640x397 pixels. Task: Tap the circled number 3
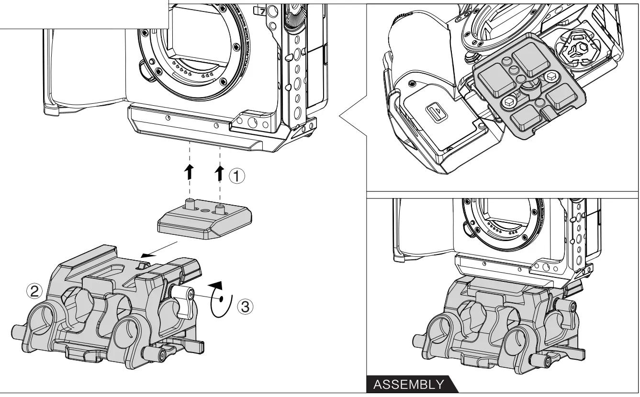(x=245, y=306)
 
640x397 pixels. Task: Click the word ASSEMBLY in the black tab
(x=408, y=385)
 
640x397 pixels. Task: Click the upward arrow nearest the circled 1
(x=220, y=173)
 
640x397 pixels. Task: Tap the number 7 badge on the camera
(x=261, y=11)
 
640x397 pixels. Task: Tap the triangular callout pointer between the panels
(x=351, y=115)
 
